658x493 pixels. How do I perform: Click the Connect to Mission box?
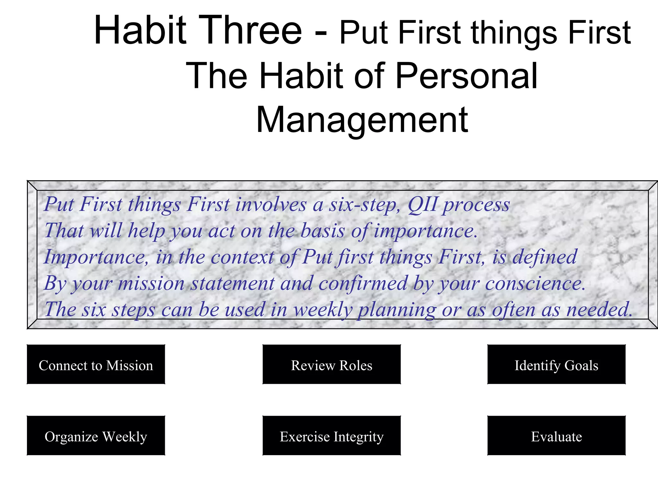pos(96,365)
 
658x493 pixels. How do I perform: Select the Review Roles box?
pos(332,365)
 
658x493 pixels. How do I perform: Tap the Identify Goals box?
pos(556,365)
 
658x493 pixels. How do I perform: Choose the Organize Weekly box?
pos(96,436)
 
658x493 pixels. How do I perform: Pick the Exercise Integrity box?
pos(332,436)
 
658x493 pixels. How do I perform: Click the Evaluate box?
pos(556,436)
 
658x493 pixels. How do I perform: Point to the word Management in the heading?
pos(362,120)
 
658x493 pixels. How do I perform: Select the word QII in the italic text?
pos(422,204)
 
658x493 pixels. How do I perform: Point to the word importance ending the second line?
pos(426,231)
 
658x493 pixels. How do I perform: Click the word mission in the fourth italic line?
pos(151,283)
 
